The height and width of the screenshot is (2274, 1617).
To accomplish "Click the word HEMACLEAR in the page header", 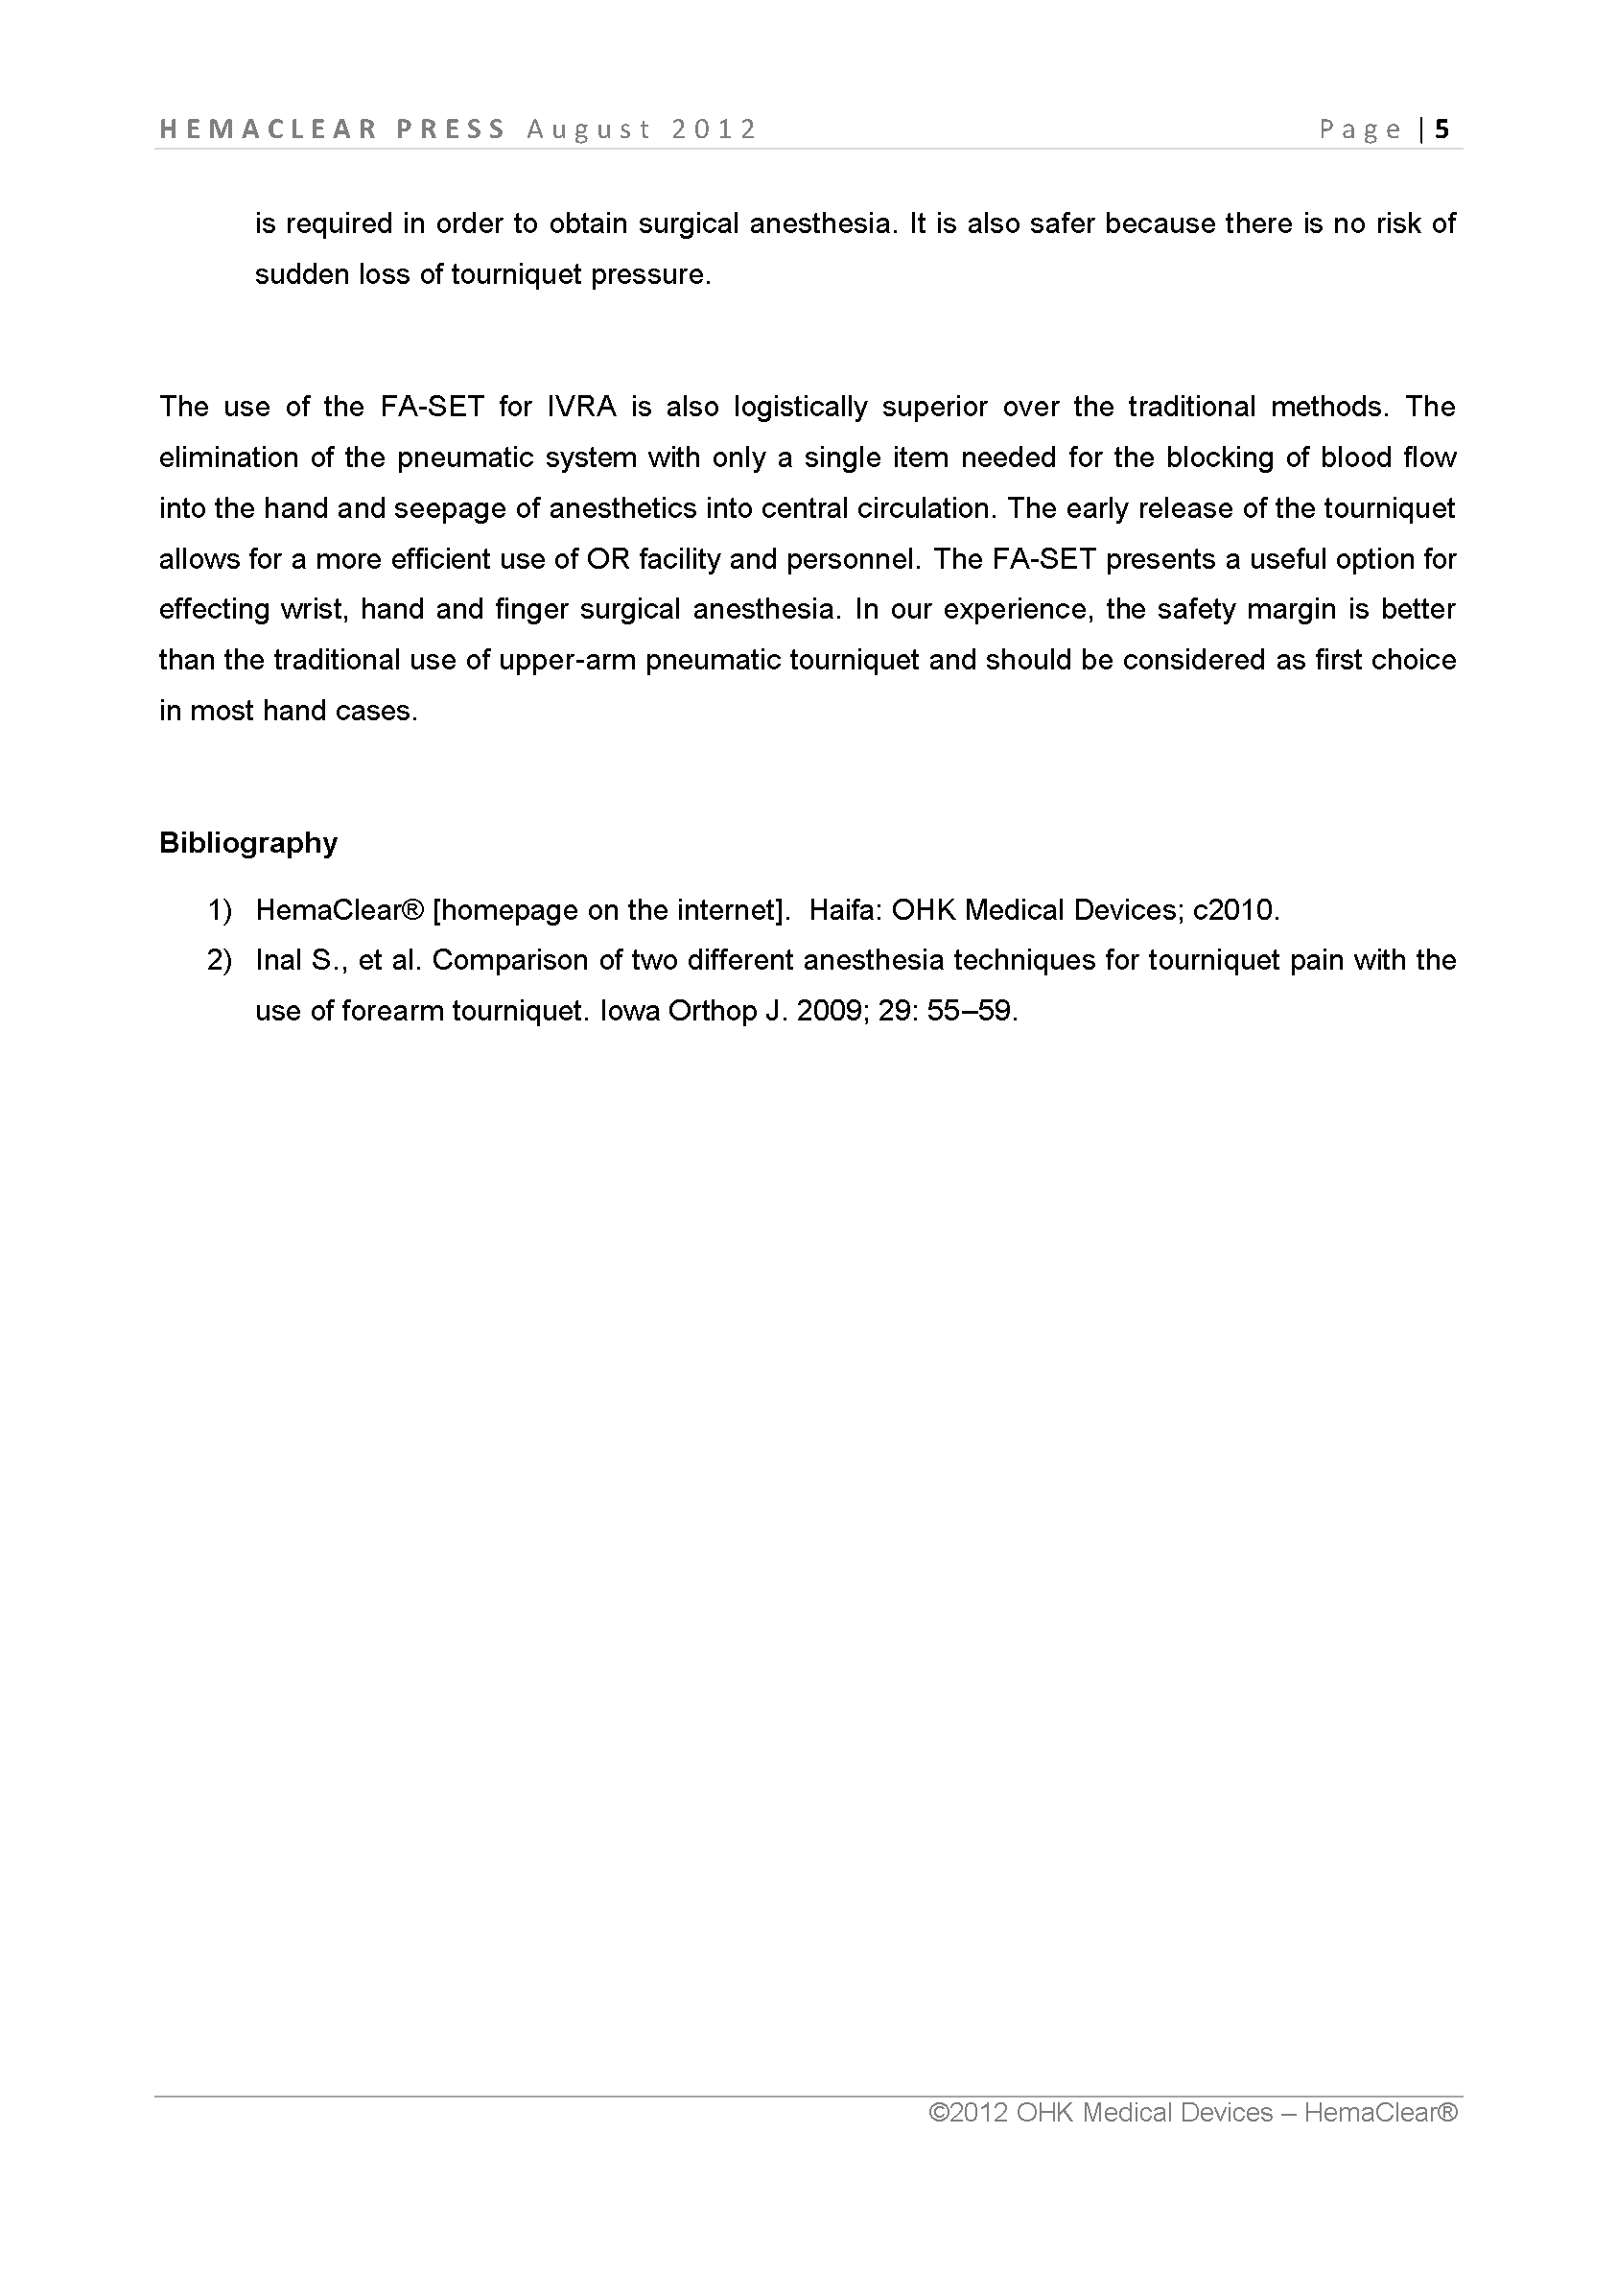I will (x=268, y=129).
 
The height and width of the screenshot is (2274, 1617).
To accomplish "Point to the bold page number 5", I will (x=1441, y=129).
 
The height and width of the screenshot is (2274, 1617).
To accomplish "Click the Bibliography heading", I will (x=248, y=843).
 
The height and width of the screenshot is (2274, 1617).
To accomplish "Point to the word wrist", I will (x=311, y=609).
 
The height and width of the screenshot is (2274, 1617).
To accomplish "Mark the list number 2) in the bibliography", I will (x=219, y=961).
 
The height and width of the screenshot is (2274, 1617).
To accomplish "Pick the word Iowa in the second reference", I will (x=629, y=1012).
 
